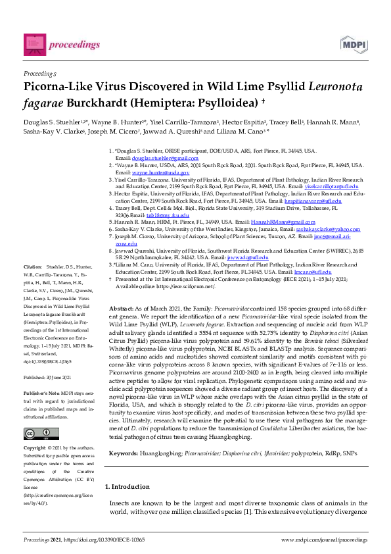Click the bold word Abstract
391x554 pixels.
(x=121, y=309)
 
